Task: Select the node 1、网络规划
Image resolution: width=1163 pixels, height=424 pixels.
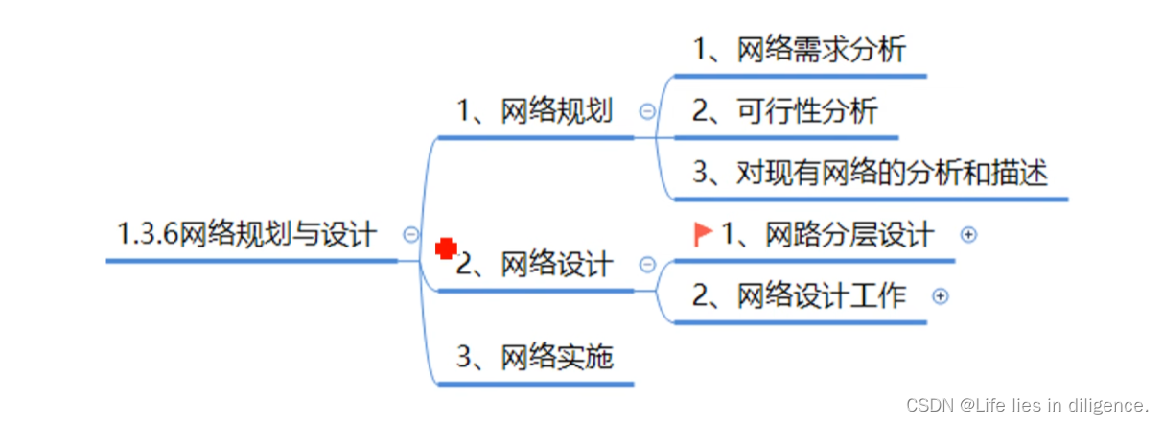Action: [x=534, y=111]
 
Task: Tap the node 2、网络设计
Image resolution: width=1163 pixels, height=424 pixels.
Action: [x=534, y=264]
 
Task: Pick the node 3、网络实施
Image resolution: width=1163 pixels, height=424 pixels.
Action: [x=534, y=358]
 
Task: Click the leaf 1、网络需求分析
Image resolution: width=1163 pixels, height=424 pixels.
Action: [x=799, y=49]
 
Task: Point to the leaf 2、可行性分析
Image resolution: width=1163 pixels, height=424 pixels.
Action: [x=784, y=111]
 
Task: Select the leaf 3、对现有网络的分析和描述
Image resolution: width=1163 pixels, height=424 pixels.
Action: [x=870, y=173]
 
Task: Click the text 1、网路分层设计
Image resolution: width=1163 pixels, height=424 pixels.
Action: [x=826, y=234]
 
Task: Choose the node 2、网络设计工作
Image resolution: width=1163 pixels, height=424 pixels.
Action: [x=799, y=295]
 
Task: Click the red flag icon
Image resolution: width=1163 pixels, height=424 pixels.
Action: [x=704, y=233]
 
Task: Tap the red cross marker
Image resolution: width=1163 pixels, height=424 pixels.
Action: [x=445, y=249]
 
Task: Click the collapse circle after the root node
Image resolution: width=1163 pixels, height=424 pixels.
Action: [x=411, y=234]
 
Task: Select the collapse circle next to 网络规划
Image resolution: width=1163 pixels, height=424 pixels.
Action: [x=647, y=111]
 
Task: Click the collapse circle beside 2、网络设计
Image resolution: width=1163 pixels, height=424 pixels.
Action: [x=647, y=264]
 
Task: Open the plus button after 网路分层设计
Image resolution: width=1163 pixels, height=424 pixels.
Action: [x=968, y=234]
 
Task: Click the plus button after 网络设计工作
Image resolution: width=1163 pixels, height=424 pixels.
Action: [x=941, y=296]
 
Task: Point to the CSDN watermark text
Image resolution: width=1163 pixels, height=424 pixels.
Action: [x=1027, y=404]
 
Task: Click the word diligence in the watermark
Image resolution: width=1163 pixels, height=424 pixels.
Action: [x=1113, y=404]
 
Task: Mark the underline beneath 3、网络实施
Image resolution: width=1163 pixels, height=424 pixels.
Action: [x=534, y=384]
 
